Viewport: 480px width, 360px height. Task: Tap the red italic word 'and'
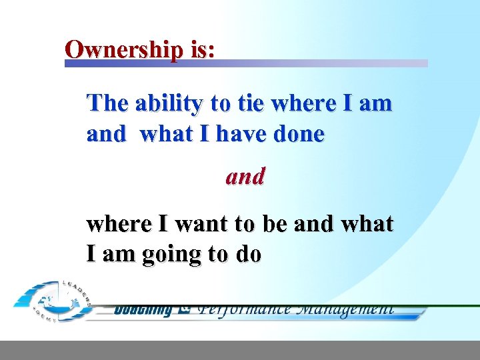[x=245, y=177]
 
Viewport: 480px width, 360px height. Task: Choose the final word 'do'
[x=247, y=255]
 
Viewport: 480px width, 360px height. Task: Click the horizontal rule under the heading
[x=246, y=63]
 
